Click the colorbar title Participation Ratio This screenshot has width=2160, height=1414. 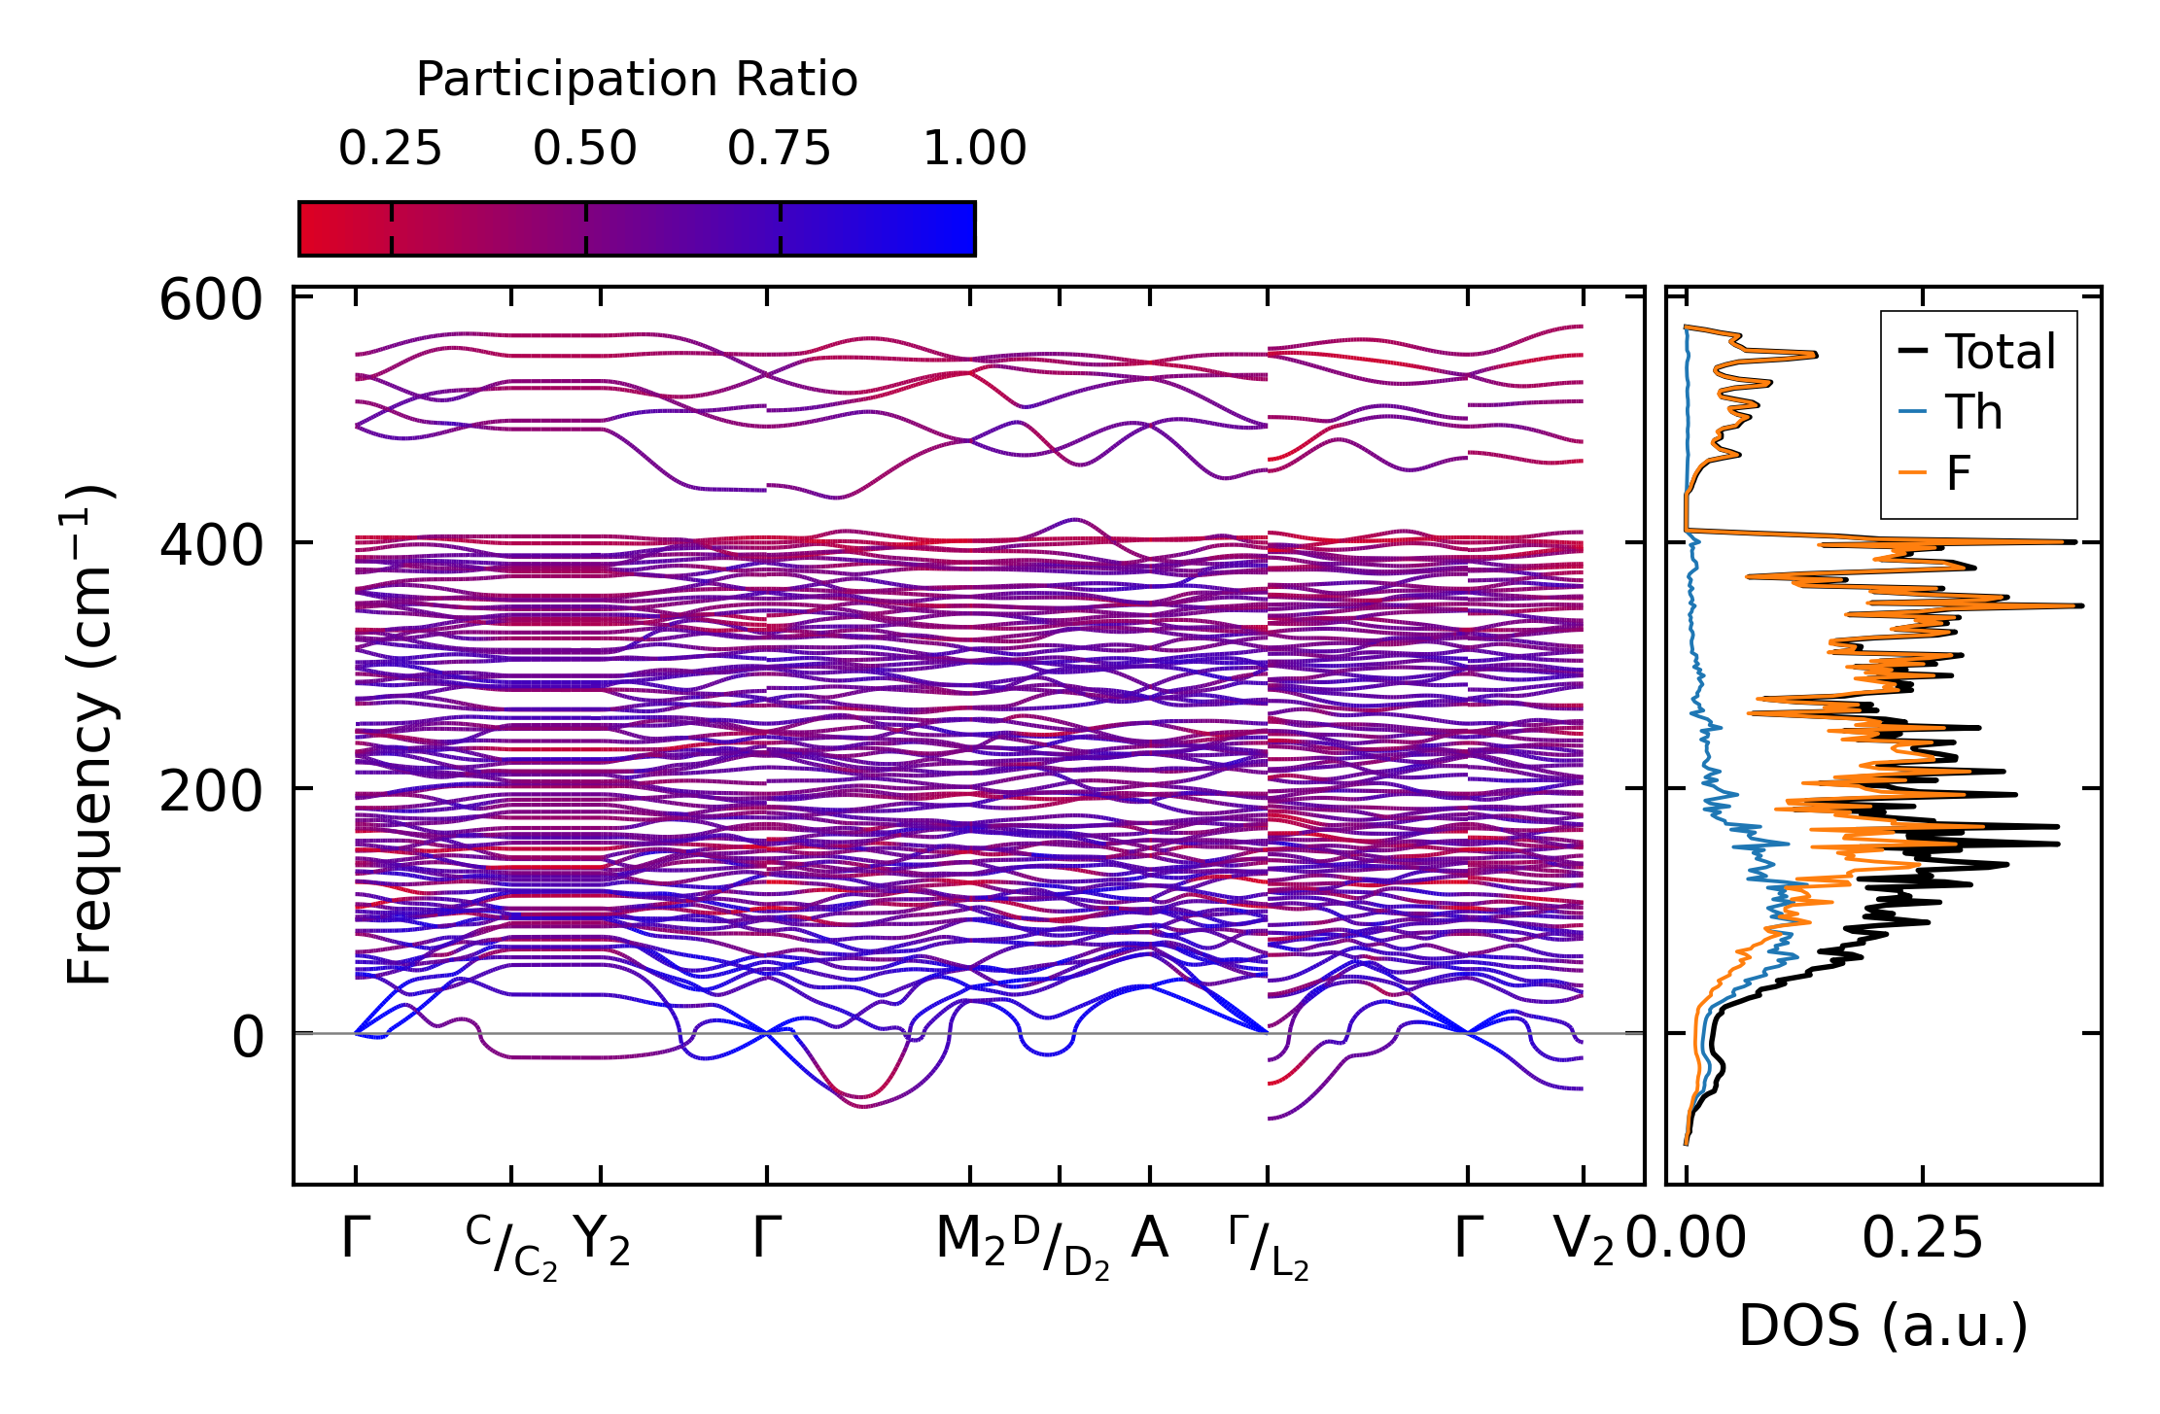point(637,79)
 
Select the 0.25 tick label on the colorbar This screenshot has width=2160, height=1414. point(390,149)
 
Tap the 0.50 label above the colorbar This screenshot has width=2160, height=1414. point(584,149)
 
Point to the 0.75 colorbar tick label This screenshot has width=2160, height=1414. point(779,149)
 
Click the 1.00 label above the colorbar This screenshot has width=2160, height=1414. point(974,149)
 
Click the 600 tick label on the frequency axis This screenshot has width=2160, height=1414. point(211,300)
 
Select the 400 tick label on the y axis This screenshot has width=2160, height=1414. point(211,545)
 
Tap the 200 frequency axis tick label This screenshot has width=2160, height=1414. point(211,791)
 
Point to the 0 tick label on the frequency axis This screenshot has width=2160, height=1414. point(247,1037)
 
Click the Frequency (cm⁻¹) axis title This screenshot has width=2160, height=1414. point(90,735)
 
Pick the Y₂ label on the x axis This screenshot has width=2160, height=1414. point(602,1241)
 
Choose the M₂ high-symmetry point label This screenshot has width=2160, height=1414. point(969,1241)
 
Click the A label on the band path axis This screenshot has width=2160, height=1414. point(1149,1239)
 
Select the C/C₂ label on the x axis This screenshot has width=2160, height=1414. point(511,1247)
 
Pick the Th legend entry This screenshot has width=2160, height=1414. point(1973,413)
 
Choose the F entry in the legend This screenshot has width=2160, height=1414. point(1958,474)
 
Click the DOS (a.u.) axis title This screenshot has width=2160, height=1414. point(1883,1327)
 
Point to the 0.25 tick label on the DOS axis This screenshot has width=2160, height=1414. point(1922,1239)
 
